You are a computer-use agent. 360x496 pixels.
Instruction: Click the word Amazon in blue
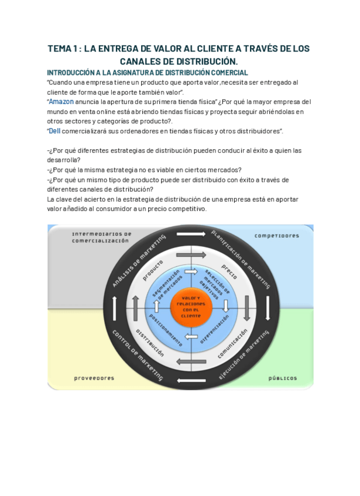click(61, 101)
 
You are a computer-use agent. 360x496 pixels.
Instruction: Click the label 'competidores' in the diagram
click(277, 236)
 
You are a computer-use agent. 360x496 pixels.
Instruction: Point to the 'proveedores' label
click(94, 378)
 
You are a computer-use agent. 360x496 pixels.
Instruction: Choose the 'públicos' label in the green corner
click(283, 378)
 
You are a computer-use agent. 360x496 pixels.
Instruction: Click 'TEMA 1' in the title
click(64, 49)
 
